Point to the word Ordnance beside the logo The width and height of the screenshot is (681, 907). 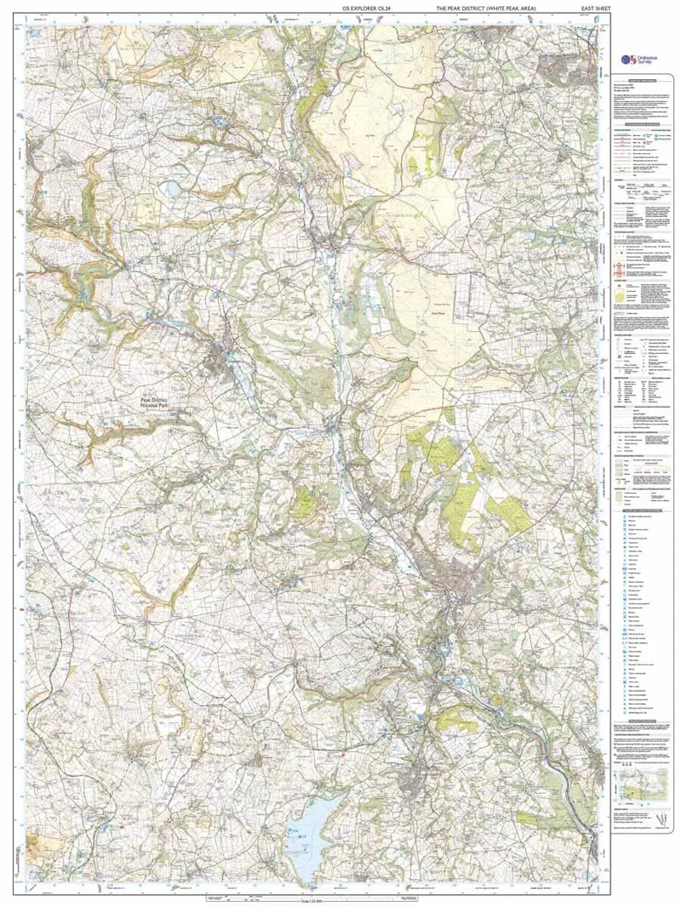coord(649,56)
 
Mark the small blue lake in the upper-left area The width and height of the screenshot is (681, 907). coord(173,186)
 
